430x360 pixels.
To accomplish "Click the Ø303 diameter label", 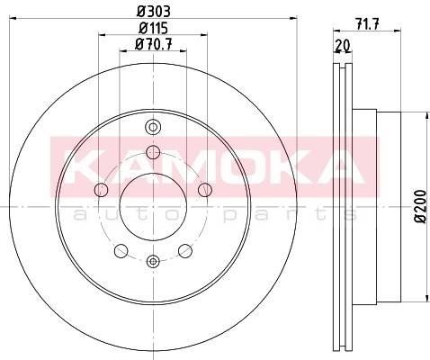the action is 154,12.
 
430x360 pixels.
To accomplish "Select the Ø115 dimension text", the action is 153,28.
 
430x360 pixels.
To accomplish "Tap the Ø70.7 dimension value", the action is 153,44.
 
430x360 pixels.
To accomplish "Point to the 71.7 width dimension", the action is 368,23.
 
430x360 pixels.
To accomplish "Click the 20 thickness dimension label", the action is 343,46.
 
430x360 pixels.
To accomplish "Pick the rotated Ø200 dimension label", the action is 420,206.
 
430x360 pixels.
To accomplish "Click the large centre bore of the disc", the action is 153,207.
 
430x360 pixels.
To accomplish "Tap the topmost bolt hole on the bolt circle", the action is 153,152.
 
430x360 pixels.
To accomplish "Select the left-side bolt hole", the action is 101,190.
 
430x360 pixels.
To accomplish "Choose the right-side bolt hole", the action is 205,190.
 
